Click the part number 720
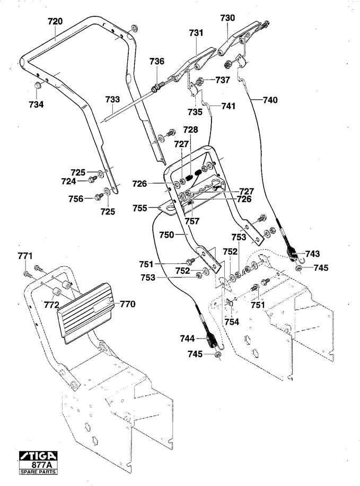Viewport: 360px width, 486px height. click(x=55, y=22)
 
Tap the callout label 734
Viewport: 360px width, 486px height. click(x=36, y=105)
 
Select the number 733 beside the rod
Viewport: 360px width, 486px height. click(x=112, y=100)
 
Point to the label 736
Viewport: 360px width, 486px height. click(x=157, y=62)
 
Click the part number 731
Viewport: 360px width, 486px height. click(x=196, y=33)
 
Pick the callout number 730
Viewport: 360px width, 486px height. click(x=227, y=18)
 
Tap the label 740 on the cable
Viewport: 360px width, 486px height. click(x=270, y=100)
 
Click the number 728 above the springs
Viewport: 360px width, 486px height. click(x=190, y=129)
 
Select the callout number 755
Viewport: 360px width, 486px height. click(x=140, y=208)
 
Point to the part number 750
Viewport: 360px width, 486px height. click(x=166, y=235)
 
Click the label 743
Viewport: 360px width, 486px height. click(x=312, y=254)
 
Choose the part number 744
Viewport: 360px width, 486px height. click(x=188, y=339)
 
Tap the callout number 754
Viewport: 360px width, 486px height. click(x=232, y=322)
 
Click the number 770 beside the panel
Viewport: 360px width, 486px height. click(x=128, y=304)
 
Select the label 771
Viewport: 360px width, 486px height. click(x=25, y=256)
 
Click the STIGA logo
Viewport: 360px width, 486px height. click(x=38, y=456)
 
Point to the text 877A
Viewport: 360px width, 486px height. click(x=42, y=465)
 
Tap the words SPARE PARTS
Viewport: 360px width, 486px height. click(x=38, y=472)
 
